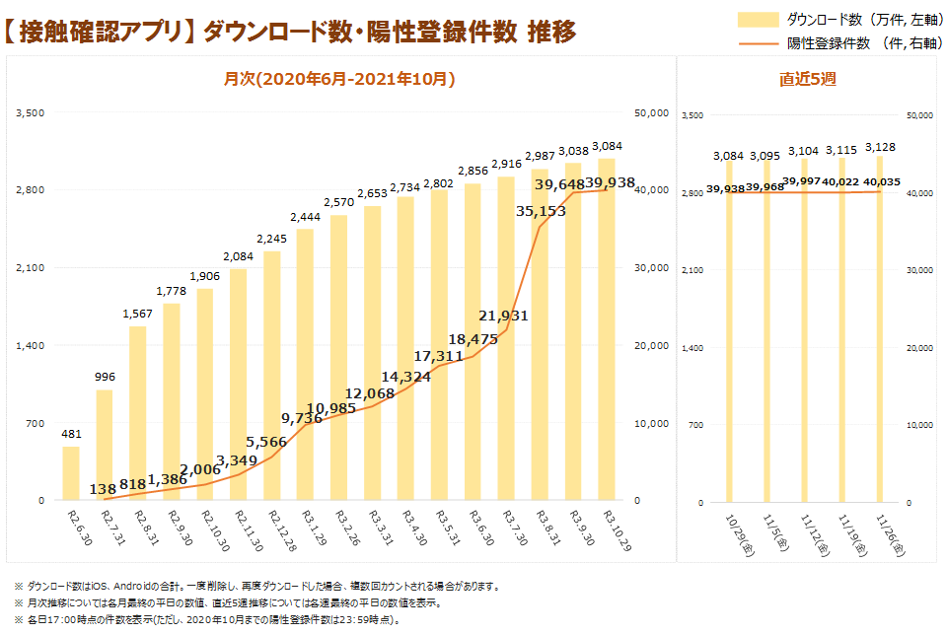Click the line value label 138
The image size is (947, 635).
pos(103,488)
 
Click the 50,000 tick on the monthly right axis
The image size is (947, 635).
pos(652,112)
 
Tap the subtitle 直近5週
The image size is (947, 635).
pos(807,80)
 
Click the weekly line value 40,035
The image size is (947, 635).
pos(883,181)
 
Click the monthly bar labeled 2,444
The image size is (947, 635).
pos(305,365)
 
